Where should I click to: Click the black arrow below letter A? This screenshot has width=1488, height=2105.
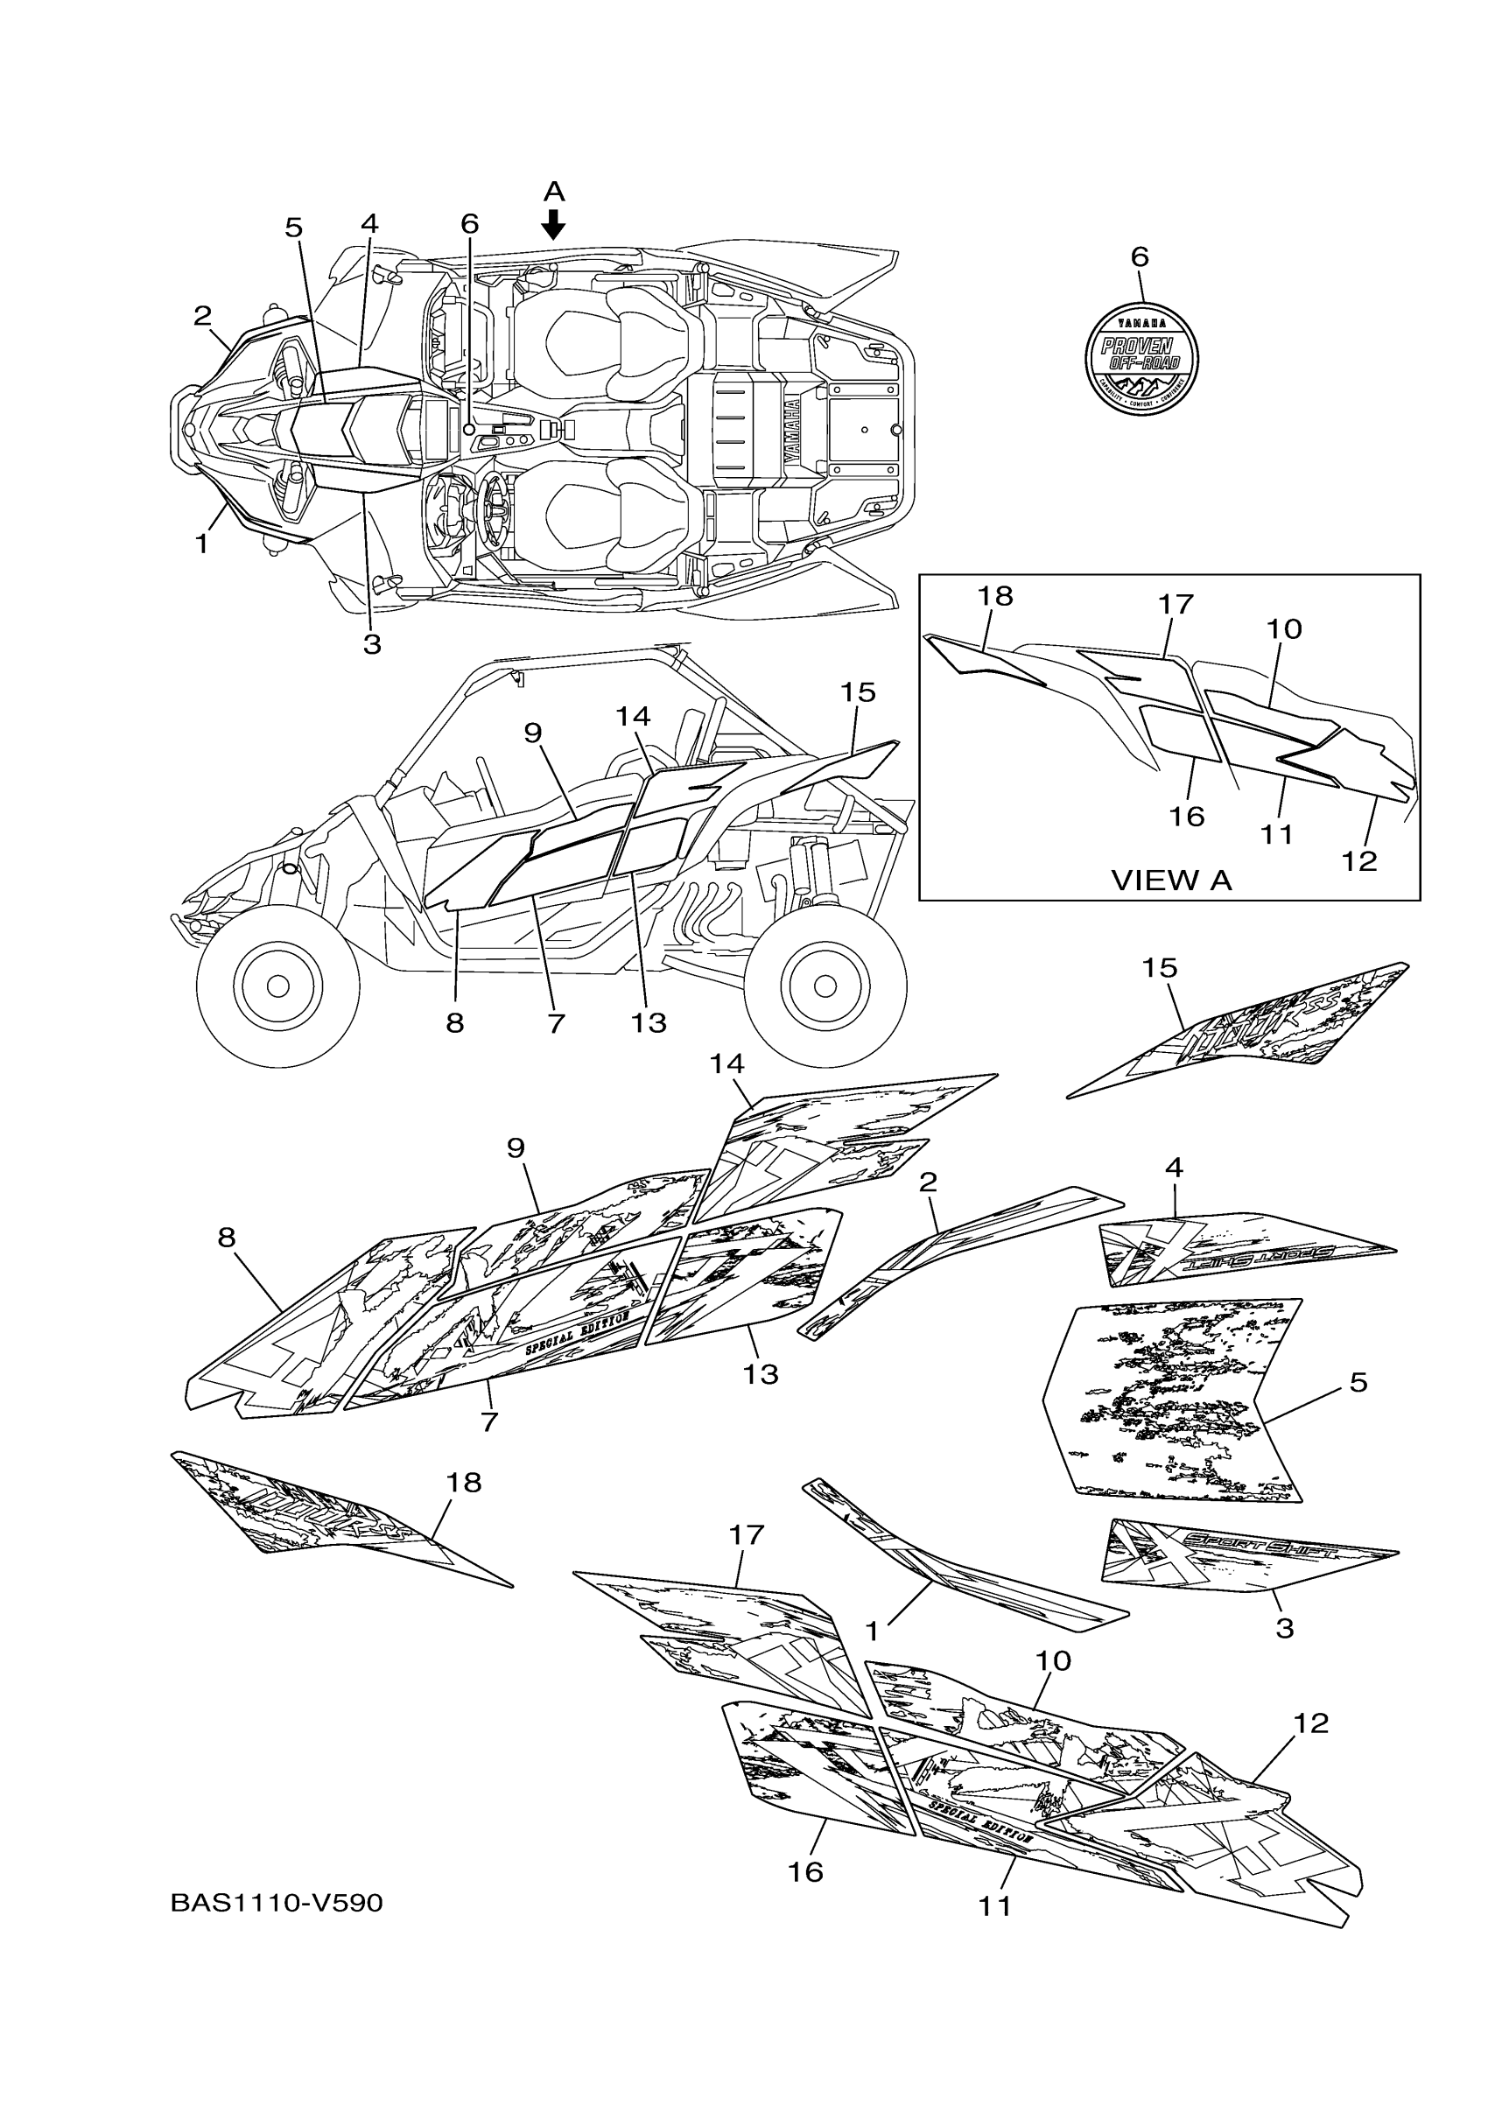pyautogui.click(x=553, y=224)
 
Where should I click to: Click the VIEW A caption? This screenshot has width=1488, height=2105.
pyautogui.click(x=1171, y=881)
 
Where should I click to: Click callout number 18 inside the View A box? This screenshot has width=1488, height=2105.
pyautogui.click(x=994, y=597)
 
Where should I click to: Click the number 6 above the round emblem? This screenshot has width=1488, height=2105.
pyautogui.click(x=1140, y=256)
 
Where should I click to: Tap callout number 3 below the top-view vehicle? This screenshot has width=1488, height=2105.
pyautogui.click(x=371, y=644)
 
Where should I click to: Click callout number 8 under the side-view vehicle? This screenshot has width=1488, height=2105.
pyautogui.click(x=455, y=1023)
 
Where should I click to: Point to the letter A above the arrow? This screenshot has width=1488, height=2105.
pyautogui.click(x=553, y=192)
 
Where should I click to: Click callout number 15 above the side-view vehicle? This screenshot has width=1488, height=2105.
pyautogui.click(x=858, y=692)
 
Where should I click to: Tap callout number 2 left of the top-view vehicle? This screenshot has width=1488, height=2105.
pyautogui.click(x=202, y=316)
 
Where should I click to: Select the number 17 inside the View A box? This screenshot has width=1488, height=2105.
pyautogui.click(x=1176, y=604)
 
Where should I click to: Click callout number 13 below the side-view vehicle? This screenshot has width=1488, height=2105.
pyautogui.click(x=649, y=1023)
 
